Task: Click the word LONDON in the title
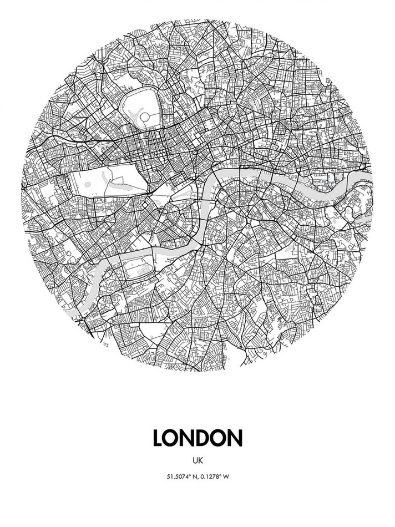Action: [x=197, y=437]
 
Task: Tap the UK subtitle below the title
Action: [x=197, y=460]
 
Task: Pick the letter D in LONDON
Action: [x=198, y=437]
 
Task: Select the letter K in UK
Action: [x=200, y=460]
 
